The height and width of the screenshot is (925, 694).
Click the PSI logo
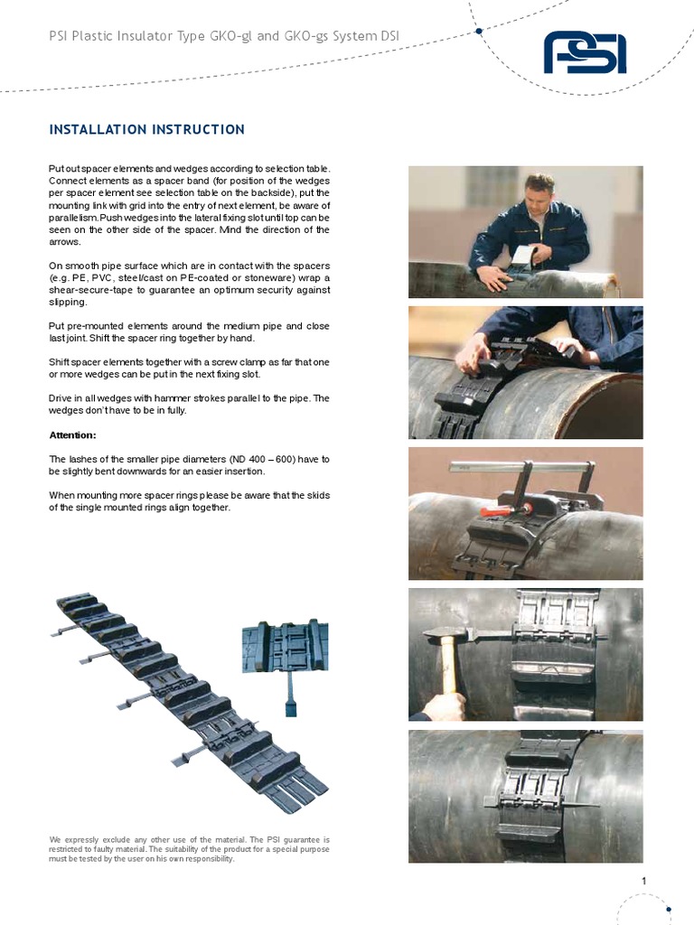point(585,52)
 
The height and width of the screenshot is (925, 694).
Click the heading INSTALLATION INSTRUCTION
point(147,130)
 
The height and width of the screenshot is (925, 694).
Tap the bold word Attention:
point(72,434)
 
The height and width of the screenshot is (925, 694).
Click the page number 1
point(643,881)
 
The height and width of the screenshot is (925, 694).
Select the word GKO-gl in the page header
point(230,36)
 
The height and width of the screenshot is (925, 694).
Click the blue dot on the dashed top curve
point(479,31)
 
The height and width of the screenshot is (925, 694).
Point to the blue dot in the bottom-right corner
point(669,909)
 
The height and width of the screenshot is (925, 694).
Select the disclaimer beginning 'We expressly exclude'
point(189,849)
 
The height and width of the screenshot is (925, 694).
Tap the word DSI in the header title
point(389,36)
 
